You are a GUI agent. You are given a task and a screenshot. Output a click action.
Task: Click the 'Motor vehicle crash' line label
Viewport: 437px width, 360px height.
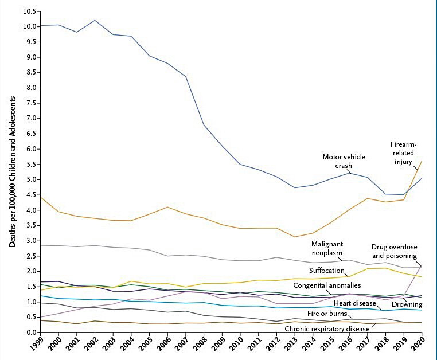coord(344,161)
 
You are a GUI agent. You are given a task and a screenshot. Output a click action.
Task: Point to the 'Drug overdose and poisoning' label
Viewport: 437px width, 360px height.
coord(395,252)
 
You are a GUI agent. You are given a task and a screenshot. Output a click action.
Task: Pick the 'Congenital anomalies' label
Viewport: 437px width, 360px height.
coord(327,285)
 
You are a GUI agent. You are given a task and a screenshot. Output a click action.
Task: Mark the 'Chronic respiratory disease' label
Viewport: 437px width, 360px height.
coord(327,329)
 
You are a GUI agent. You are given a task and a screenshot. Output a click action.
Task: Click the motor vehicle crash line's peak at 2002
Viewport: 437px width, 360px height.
coord(95,21)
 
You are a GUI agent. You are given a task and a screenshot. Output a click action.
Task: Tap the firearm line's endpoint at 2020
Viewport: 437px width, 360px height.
coord(422,161)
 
